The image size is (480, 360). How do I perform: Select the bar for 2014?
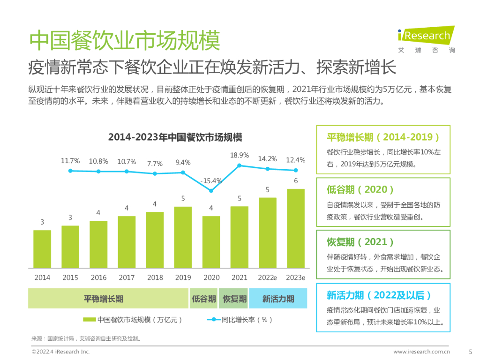[x=42, y=248]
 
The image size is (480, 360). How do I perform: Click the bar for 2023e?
[x=296, y=228]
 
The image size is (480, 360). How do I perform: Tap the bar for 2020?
[x=211, y=241]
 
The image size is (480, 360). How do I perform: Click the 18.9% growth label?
[x=240, y=155]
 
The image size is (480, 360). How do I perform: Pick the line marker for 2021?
[x=240, y=165]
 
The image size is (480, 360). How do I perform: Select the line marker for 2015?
[x=70, y=171]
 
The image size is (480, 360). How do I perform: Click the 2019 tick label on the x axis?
[x=183, y=277]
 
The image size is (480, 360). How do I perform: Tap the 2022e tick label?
[x=267, y=277]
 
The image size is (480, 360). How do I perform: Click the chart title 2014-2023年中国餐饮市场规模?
[x=175, y=137]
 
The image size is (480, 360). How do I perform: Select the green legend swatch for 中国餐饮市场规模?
[x=90, y=320]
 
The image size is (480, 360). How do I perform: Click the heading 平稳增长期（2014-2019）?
[x=383, y=137]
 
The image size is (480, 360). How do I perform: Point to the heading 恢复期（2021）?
[x=360, y=242]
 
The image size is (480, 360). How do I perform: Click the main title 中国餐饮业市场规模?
[x=124, y=41]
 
